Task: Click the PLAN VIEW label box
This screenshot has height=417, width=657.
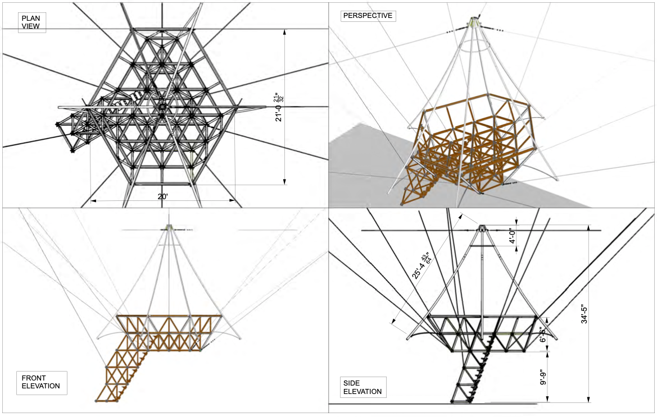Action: (x=32, y=22)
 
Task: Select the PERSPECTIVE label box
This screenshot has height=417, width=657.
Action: (x=368, y=16)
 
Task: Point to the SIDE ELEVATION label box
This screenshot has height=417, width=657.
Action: (x=363, y=387)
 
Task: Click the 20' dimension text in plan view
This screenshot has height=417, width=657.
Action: (x=162, y=197)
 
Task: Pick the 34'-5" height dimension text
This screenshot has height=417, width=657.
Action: (x=585, y=310)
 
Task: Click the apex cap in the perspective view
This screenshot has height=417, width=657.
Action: (x=474, y=22)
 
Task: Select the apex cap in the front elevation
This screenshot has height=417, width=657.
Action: (x=170, y=227)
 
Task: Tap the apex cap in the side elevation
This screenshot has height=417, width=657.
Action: (x=482, y=228)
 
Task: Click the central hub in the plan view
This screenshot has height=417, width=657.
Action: (x=162, y=106)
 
